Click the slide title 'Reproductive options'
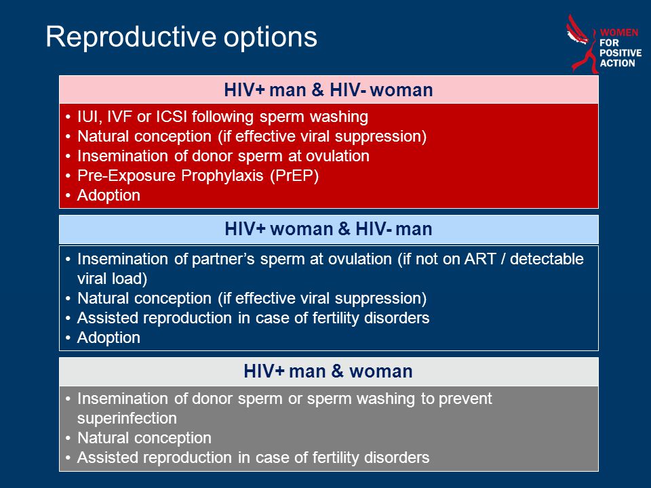tap(182, 37)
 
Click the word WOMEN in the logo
tap(618, 33)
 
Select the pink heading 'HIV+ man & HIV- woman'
tap(328, 89)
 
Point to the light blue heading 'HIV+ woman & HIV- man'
tap(328, 229)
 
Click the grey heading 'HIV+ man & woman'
tap(328, 371)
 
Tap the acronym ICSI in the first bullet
tap(172, 117)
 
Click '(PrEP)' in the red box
tap(294, 176)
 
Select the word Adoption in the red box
tap(108, 195)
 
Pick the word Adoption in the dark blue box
tap(108, 338)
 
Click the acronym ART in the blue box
tap(480, 259)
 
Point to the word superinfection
tap(127, 418)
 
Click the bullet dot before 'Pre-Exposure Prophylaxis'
tap(68, 176)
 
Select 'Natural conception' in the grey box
tap(144, 438)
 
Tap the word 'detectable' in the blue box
tap(547, 259)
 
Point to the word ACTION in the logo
tap(617, 63)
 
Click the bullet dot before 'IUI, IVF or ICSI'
tap(68, 117)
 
